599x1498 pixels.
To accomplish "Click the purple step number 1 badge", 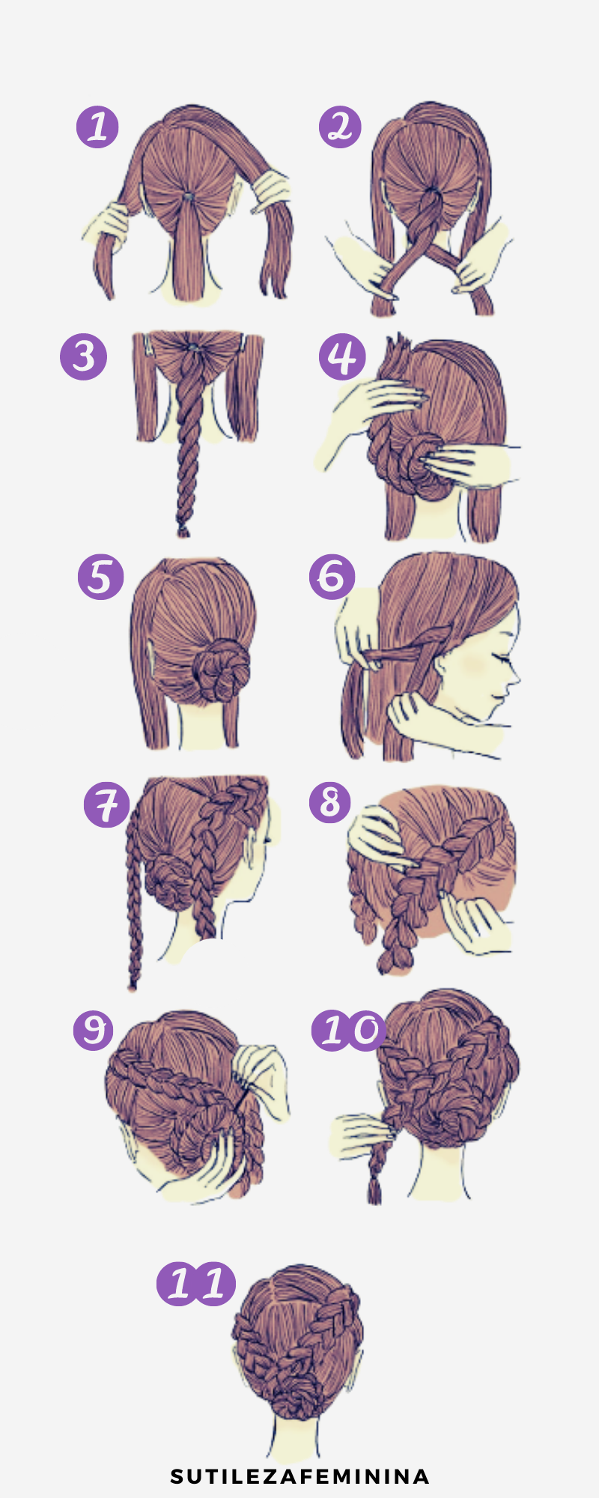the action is pos(97,127).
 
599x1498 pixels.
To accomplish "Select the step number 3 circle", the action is pos(84,357).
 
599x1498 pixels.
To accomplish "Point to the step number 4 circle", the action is pos(342,357).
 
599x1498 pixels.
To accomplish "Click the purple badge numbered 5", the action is pos(100,577).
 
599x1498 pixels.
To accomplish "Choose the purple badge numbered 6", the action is pos(332,577).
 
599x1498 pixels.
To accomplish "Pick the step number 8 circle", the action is pos(330,802).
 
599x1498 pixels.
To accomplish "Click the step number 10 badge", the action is pos(348,1030).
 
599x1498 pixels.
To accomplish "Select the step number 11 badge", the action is pos(196,1284).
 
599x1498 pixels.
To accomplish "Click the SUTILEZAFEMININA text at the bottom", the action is pos(299,1476).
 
